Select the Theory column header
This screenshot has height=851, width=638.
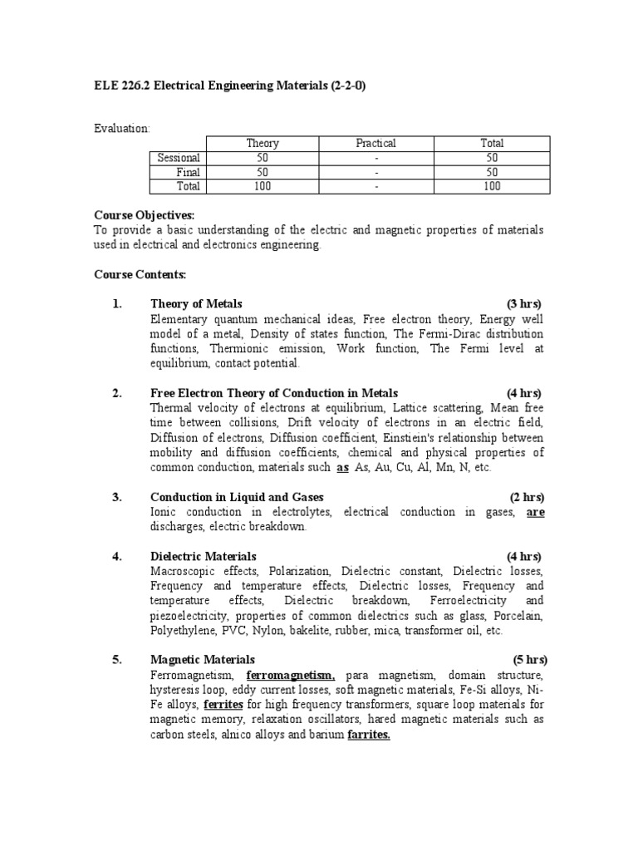[x=263, y=143]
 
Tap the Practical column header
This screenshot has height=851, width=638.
[x=375, y=143]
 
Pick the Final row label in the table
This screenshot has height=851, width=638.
[x=189, y=172]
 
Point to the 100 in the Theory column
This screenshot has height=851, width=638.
[x=263, y=186]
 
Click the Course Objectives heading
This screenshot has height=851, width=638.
[x=144, y=215]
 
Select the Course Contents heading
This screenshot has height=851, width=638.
[x=140, y=273]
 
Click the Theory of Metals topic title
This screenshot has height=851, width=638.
[x=196, y=303]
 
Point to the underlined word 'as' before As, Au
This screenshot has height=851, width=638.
[x=342, y=468]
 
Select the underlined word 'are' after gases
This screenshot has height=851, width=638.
[x=536, y=512]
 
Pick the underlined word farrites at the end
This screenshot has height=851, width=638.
[x=369, y=735]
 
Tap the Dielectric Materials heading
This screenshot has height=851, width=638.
[x=204, y=556]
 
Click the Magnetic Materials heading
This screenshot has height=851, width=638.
[x=202, y=660]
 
